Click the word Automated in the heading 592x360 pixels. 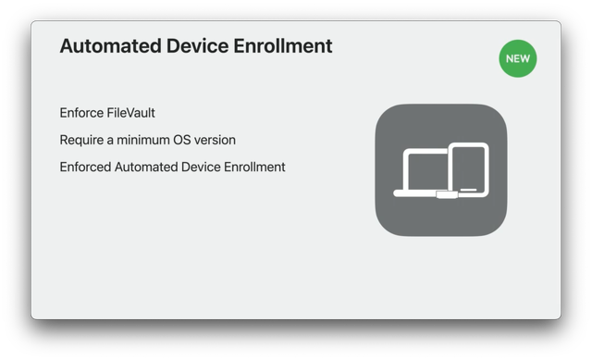pos(106,45)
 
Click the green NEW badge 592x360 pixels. pos(518,58)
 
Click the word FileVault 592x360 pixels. pos(131,113)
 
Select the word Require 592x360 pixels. pos(82,140)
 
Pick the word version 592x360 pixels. pos(218,140)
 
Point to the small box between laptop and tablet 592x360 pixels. pos(446,195)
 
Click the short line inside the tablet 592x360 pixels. pos(469,190)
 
